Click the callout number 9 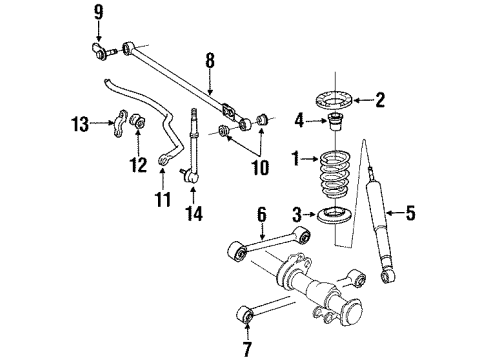[98, 13]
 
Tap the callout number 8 [209, 62]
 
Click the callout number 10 [260, 169]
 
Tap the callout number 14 [192, 213]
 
